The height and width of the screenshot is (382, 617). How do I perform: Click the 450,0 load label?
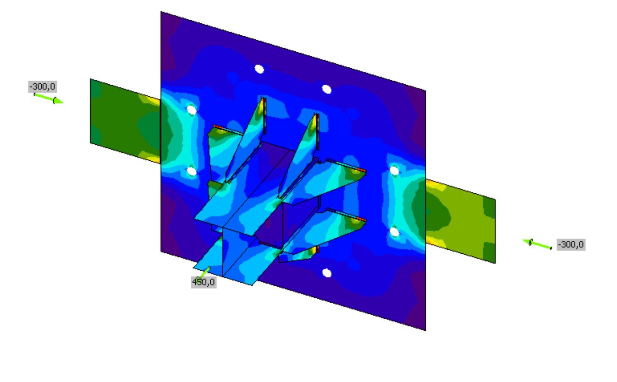click(204, 282)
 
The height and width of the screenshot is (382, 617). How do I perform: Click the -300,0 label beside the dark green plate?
click(43, 87)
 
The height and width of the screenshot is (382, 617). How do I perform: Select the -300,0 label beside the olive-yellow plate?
click(571, 245)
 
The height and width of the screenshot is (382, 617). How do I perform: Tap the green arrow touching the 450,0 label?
click(204, 273)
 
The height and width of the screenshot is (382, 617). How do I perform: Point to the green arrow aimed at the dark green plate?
click(49, 98)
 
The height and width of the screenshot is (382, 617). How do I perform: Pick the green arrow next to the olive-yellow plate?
click(537, 244)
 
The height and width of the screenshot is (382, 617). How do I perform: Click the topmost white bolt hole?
click(259, 69)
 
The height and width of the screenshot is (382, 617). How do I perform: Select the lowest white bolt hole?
click(327, 273)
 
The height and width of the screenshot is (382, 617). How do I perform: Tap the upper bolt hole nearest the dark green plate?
click(192, 110)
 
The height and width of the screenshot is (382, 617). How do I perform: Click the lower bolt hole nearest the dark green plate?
click(192, 171)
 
